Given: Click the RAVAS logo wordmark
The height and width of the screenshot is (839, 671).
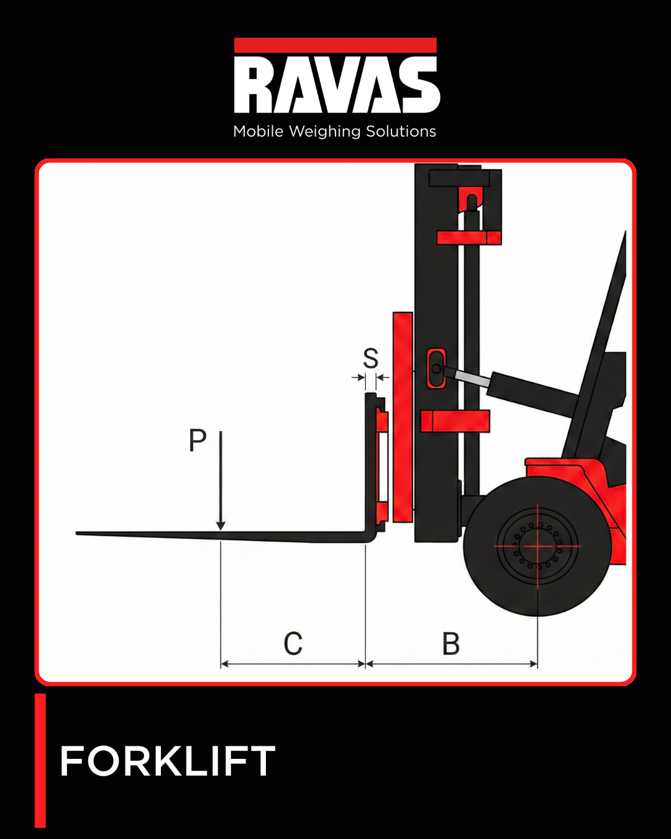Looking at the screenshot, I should pos(336,85).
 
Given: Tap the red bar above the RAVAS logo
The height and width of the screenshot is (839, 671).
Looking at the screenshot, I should pos(335,45).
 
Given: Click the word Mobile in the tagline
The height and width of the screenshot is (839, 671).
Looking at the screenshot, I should pos(258,132).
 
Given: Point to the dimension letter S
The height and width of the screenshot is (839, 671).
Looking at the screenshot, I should pos(371,359).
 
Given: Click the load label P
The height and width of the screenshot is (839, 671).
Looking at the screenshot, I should pos(198,441).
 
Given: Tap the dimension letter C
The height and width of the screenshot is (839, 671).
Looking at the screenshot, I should pos(293,644).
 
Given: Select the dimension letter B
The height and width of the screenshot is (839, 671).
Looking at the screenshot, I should pos(451,644).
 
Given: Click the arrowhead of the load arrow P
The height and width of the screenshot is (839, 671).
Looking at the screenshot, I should pos(221,526).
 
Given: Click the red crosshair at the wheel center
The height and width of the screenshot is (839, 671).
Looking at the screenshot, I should pos(537,546).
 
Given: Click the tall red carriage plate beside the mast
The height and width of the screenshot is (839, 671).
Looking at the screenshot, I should pos(403,416).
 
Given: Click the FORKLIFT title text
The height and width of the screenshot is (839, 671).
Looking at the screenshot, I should pos(167,761).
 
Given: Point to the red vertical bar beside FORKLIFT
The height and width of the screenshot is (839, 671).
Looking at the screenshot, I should pos(40,760).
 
